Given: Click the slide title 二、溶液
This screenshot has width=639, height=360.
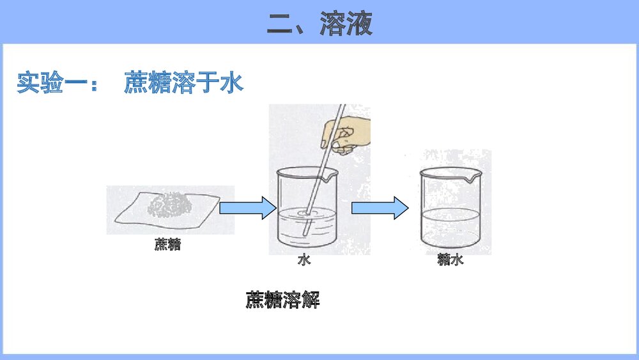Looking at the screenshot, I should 319,24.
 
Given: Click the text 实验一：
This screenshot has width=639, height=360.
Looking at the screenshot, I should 58,84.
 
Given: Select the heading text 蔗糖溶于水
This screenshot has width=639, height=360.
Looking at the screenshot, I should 184,84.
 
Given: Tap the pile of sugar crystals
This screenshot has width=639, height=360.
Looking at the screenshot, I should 170,206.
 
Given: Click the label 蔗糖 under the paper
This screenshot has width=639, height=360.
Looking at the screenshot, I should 167,244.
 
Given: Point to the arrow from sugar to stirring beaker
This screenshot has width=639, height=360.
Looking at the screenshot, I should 247,208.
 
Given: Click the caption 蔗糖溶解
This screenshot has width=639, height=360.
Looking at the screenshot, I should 283,300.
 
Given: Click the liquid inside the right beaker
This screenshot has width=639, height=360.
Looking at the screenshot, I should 450,227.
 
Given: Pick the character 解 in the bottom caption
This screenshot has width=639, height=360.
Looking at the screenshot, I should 311,300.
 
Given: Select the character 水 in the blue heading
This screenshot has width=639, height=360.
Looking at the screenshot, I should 232,84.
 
